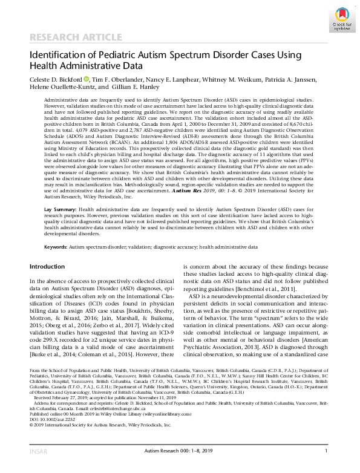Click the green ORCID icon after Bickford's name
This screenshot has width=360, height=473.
click(x=86, y=79)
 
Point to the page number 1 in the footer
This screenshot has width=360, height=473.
click(x=326, y=467)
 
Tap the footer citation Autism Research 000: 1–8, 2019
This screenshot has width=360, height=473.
click(x=180, y=467)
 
